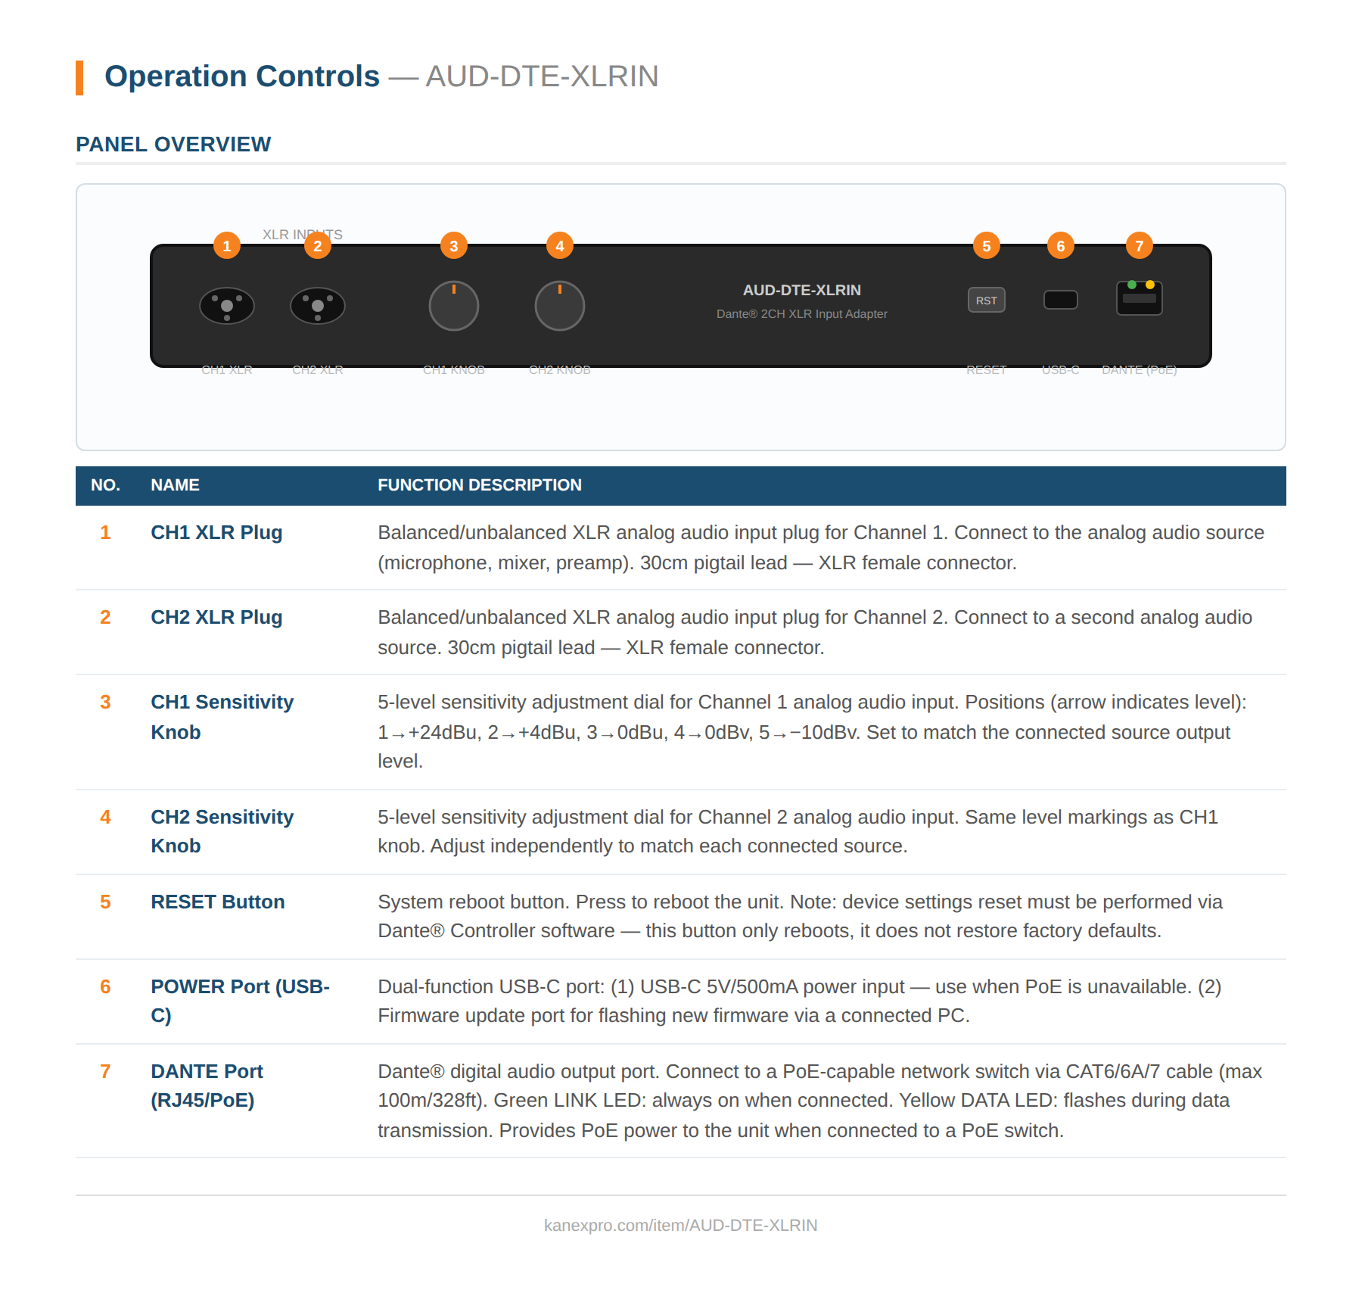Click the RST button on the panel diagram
[986, 300]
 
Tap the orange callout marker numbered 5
[986, 246]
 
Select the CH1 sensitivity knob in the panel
[453, 306]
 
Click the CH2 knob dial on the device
[559, 306]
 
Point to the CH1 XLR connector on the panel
[226, 306]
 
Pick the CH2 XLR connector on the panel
[317, 306]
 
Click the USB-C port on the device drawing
[1060, 300]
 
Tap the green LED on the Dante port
[1131, 285]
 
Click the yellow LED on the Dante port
[1149, 285]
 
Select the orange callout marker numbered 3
[453, 246]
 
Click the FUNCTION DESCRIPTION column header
[479, 485]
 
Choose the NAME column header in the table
[175, 485]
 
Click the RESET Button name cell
[217, 902]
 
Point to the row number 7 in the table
[105, 1071]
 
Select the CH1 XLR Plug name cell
[216, 532]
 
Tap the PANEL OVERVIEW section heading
[173, 144]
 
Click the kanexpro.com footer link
[680, 1225]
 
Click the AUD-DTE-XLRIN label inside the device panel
[801, 290]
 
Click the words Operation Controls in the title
[242, 76]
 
